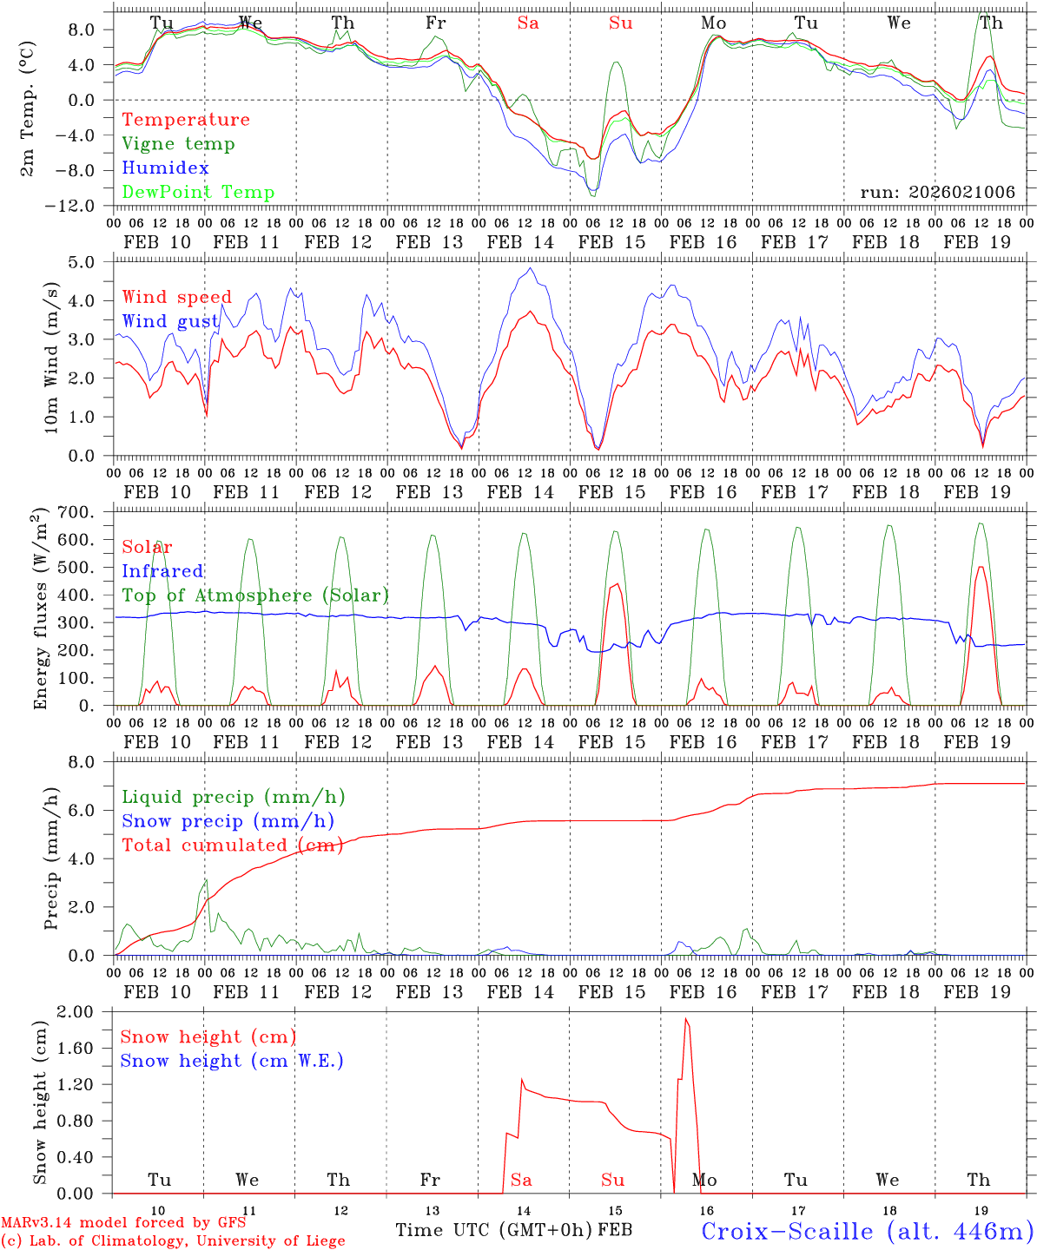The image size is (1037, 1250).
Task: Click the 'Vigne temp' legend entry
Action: pyautogui.click(x=178, y=144)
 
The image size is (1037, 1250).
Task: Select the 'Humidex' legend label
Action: pyautogui.click(x=165, y=168)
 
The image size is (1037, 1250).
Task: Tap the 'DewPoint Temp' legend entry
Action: pyautogui.click(x=198, y=193)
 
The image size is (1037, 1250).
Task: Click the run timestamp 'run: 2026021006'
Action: pyautogui.click(x=937, y=193)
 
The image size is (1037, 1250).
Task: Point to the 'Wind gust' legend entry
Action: pyautogui.click(x=170, y=321)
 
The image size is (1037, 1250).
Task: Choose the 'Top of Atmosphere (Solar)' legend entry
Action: pyautogui.click(x=254, y=595)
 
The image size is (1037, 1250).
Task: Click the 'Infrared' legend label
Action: pyautogui.click(x=162, y=571)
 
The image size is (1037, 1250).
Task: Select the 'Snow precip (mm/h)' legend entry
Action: pyautogui.click(x=228, y=821)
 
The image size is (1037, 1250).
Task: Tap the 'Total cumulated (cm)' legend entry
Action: pyautogui.click(x=232, y=845)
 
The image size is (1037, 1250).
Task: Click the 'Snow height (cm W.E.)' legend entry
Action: pyautogui.click(x=232, y=1061)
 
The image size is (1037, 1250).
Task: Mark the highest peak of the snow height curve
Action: pyautogui.click(x=685, y=1019)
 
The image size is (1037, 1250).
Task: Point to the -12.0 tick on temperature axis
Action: pyautogui.click(x=83, y=206)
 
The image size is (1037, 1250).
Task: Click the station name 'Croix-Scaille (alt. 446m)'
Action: pyautogui.click(x=867, y=1231)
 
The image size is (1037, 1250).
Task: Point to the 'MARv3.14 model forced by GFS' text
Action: pyautogui.click(x=123, y=1223)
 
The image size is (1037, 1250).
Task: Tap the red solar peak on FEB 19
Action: pyautogui.click(x=981, y=567)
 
